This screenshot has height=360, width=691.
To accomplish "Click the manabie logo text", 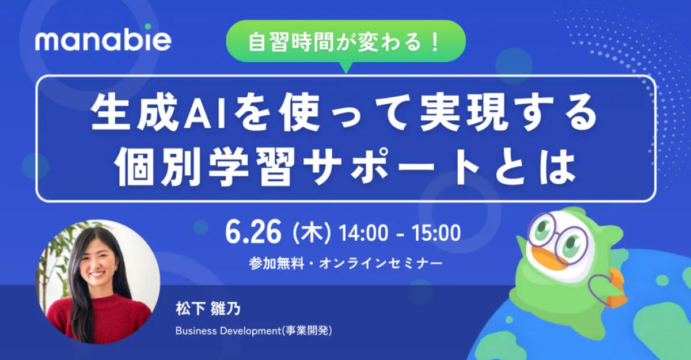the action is pyautogui.click(x=103, y=41).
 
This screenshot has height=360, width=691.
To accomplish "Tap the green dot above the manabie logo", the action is pyautogui.click(x=148, y=26).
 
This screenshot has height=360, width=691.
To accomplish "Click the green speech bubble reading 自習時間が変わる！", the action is pyautogui.click(x=346, y=41).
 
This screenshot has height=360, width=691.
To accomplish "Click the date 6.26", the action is pyautogui.click(x=253, y=232).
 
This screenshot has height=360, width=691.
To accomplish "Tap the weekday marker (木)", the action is pyautogui.click(x=312, y=233).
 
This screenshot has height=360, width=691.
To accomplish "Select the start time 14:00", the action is pyautogui.click(x=363, y=233).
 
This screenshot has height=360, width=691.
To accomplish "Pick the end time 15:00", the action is pyautogui.click(x=436, y=233).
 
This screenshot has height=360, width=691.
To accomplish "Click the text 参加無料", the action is pyautogui.click(x=276, y=263).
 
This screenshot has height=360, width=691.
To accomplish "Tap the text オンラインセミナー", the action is pyautogui.click(x=381, y=263).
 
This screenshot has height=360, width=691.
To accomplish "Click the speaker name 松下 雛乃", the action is pyautogui.click(x=208, y=309).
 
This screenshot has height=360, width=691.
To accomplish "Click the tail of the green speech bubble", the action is pyautogui.click(x=346, y=68).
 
